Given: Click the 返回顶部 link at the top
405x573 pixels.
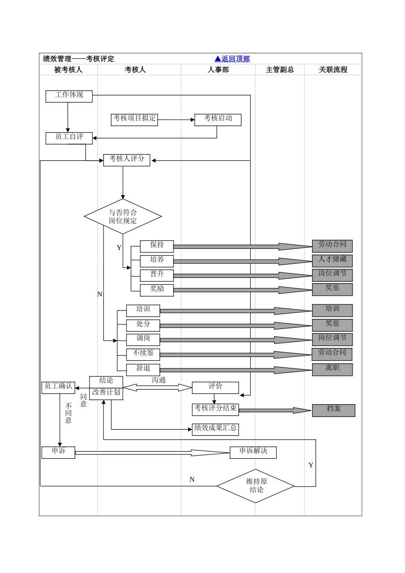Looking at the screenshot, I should click(x=232, y=59).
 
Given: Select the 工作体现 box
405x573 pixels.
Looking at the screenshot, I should click(x=69, y=96).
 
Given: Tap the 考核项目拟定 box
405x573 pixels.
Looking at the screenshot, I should click(x=134, y=119).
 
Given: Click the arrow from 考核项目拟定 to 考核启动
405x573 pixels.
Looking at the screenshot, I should click(x=176, y=120).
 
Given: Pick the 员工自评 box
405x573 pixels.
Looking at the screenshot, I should click(x=69, y=138).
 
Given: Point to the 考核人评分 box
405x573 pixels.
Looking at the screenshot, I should click(x=127, y=160).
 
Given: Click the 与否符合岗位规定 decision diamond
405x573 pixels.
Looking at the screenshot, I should click(x=123, y=217).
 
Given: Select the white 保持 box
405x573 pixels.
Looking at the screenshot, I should click(x=157, y=246).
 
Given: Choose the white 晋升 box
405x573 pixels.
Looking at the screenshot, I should click(x=157, y=275).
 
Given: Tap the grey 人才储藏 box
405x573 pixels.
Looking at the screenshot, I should click(x=332, y=260).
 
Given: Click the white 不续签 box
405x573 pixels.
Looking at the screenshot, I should click(x=143, y=354).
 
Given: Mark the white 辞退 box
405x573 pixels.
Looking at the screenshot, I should click(x=143, y=369).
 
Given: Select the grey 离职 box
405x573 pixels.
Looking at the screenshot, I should click(x=332, y=369).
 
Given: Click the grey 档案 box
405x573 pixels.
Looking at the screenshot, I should click(x=333, y=410).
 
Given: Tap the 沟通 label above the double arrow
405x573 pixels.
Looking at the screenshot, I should click(x=159, y=380).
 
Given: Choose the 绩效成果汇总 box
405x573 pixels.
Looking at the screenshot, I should click(x=215, y=429).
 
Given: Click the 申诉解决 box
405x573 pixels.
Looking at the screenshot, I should click(x=253, y=452).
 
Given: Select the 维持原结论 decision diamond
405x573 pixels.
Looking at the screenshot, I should click(x=256, y=486).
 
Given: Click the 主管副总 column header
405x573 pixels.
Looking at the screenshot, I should click(x=280, y=69).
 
